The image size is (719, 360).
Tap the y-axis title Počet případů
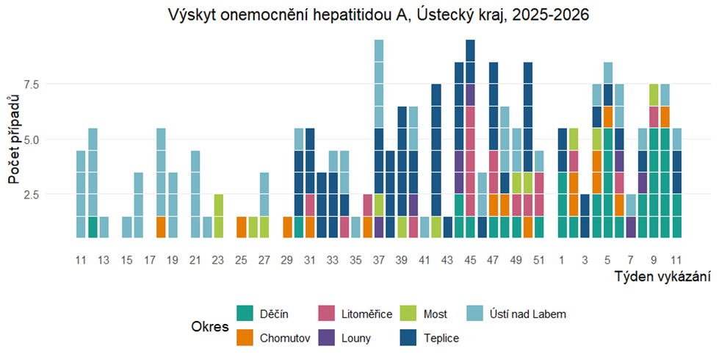(12, 140)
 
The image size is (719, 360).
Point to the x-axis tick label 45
(470, 259)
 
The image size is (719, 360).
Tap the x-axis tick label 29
(287, 259)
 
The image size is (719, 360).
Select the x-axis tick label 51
(538, 259)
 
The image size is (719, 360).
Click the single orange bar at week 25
(242, 227)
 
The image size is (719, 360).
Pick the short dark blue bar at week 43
(447, 227)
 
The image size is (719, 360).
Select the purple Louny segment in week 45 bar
(470, 95)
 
